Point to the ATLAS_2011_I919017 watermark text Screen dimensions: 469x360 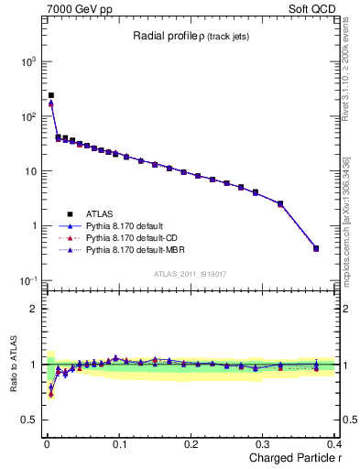pyautogui.click(x=190, y=275)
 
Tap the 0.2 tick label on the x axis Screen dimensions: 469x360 pyautogui.click(x=191, y=443)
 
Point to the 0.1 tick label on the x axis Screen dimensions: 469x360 pyautogui.click(x=119, y=443)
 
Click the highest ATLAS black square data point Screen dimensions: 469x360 pyautogui.click(x=51, y=95)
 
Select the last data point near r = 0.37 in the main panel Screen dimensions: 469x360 pyautogui.click(x=316, y=248)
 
